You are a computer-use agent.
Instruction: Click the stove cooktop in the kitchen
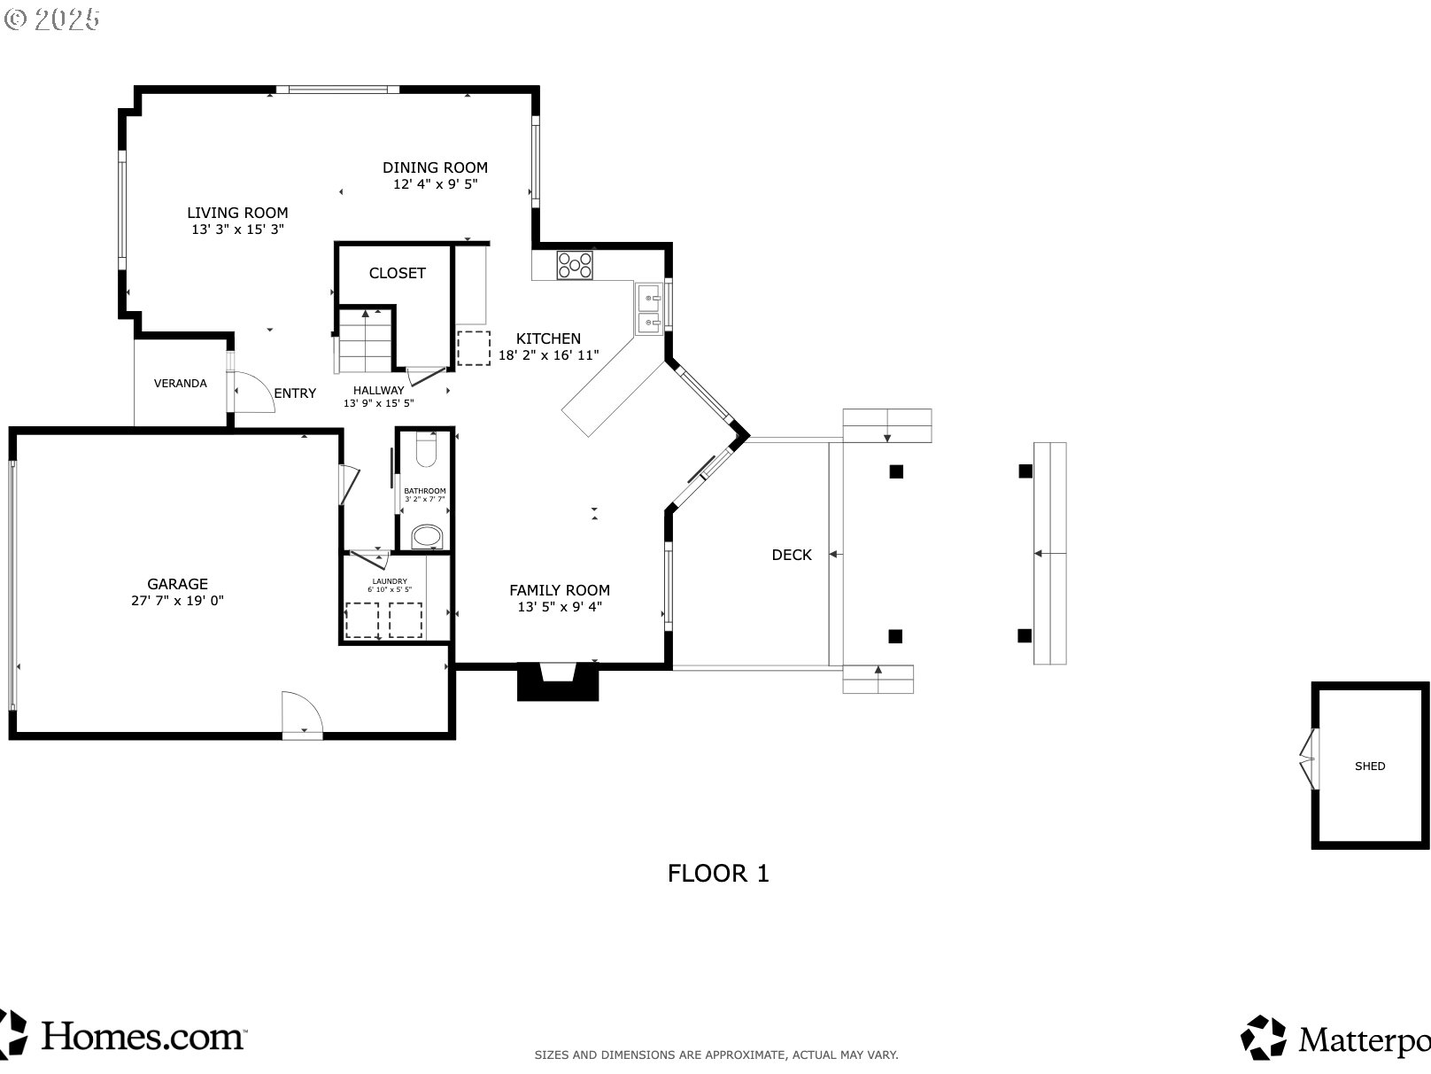click(x=575, y=266)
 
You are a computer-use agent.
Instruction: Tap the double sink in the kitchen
click(x=649, y=309)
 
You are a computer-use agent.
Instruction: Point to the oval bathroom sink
click(x=427, y=537)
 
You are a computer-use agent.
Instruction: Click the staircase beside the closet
click(x=365, y=340)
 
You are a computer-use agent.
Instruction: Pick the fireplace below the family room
click(x=558, y=682)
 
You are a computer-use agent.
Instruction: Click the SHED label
click(x=1370, y=767)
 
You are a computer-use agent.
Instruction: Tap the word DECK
click(x=792, y=555)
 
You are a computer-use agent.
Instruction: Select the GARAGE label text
click(x=177, y=584)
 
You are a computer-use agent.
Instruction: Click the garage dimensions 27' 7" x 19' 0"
click(x=177, y=601)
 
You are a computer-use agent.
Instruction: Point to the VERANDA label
click(x=180, y=384)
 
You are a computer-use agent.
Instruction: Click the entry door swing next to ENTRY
click(x=254, y=392)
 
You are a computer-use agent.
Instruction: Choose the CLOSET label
click(x=397, y=273)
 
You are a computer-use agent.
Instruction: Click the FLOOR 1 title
click(x=718, y=873)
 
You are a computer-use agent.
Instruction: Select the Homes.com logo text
click(x=143, y=1036)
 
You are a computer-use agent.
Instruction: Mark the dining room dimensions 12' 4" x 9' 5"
click(x=435, y=184)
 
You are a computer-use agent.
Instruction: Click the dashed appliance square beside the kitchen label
click(x=474, y=348)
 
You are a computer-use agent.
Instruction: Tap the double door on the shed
click(x=1309, y=759)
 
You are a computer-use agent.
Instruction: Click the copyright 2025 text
click(x=52, y=19)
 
